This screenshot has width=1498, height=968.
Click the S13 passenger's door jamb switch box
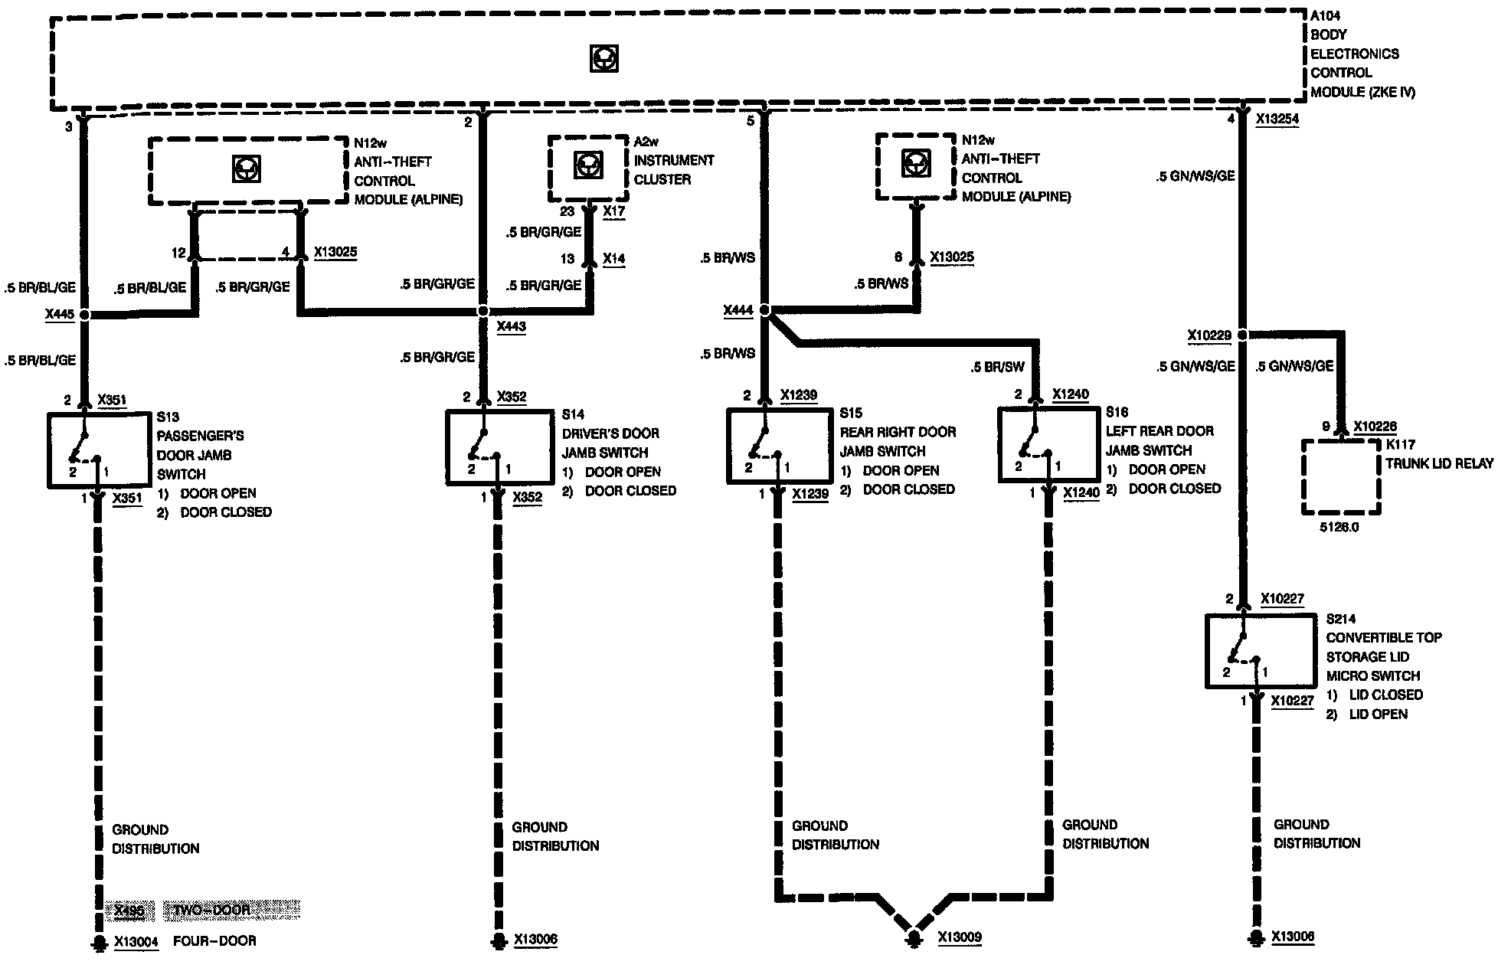pos(100,450)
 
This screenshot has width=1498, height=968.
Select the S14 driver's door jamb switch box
pos(499,447)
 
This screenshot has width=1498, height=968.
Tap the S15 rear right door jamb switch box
pos(779,446)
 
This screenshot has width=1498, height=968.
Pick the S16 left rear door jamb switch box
pos(1049,445)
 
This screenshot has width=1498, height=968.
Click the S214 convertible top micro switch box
pos(1260,650)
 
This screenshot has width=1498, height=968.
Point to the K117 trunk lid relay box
pos(1341,476)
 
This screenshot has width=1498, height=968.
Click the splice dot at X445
pos(84,314)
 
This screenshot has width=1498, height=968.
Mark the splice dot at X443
pos(482,311)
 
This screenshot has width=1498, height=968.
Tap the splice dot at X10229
pos(1243,335)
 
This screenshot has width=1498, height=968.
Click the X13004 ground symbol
pos(98,942)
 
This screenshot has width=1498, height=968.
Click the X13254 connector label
pos(1277,119)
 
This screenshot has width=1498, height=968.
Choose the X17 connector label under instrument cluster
pos(613,211)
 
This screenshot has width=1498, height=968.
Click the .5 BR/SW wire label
pos(997,367)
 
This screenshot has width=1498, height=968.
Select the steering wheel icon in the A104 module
pos(604,59)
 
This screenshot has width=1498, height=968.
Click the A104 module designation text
pos(1326,15)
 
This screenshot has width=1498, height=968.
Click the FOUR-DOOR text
pos(214,941)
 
